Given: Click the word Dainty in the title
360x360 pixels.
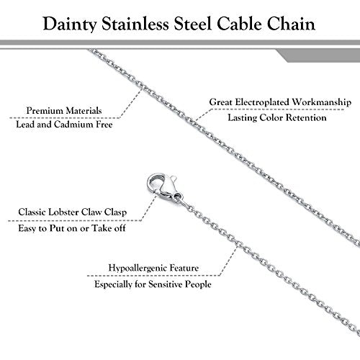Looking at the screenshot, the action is tap(70, 24).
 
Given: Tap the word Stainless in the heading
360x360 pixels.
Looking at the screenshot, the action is tap(135, 24).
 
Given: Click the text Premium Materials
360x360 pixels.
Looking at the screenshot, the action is tap(64, 111).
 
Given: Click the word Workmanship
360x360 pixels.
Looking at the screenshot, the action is tap(322, 102).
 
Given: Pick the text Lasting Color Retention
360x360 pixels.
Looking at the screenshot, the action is tap(277, 117).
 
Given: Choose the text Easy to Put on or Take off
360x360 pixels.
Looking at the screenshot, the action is tap(72, 228).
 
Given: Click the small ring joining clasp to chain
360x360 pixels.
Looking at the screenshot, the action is tap(178, 197).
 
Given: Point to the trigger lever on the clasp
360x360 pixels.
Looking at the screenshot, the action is tap(173, 179).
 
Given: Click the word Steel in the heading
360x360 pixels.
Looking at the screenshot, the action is tap(193, 24).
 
